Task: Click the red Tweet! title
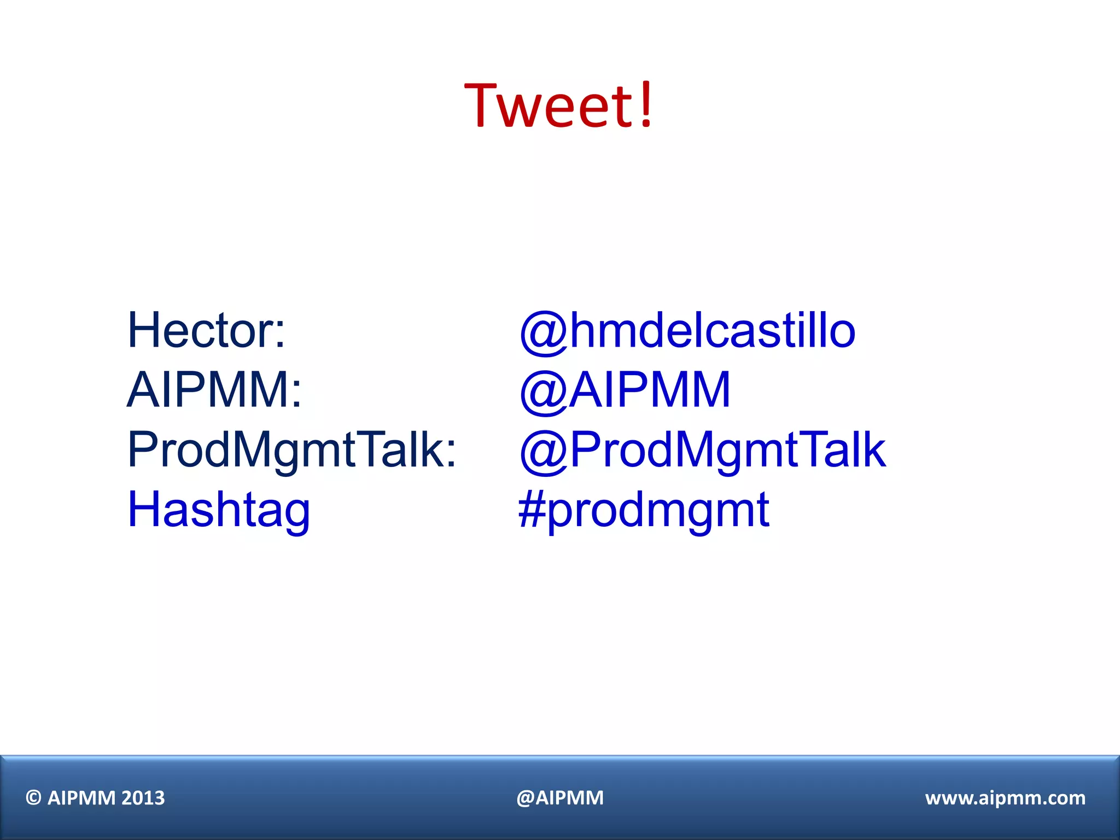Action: click(559, 105)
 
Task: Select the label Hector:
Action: click(206, 330)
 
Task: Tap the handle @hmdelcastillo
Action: click(687, 331)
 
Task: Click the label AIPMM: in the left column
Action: click(214, 390)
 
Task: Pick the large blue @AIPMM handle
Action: click(625, 390)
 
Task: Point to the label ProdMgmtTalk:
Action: click(291, 450)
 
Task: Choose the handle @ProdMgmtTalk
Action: click(702, 450)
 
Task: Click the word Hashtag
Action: click(219, 510)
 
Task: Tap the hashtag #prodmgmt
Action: click(644, 510)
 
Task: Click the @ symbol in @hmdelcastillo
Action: click(544, 332)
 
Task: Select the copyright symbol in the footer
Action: click(34, 798)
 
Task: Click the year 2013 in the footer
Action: click(143, 798)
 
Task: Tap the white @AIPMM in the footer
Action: click(560, 798)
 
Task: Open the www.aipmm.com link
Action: click(1005, 798)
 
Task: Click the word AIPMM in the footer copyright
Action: click(81, 798)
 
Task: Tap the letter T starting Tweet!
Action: click(484, 105)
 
